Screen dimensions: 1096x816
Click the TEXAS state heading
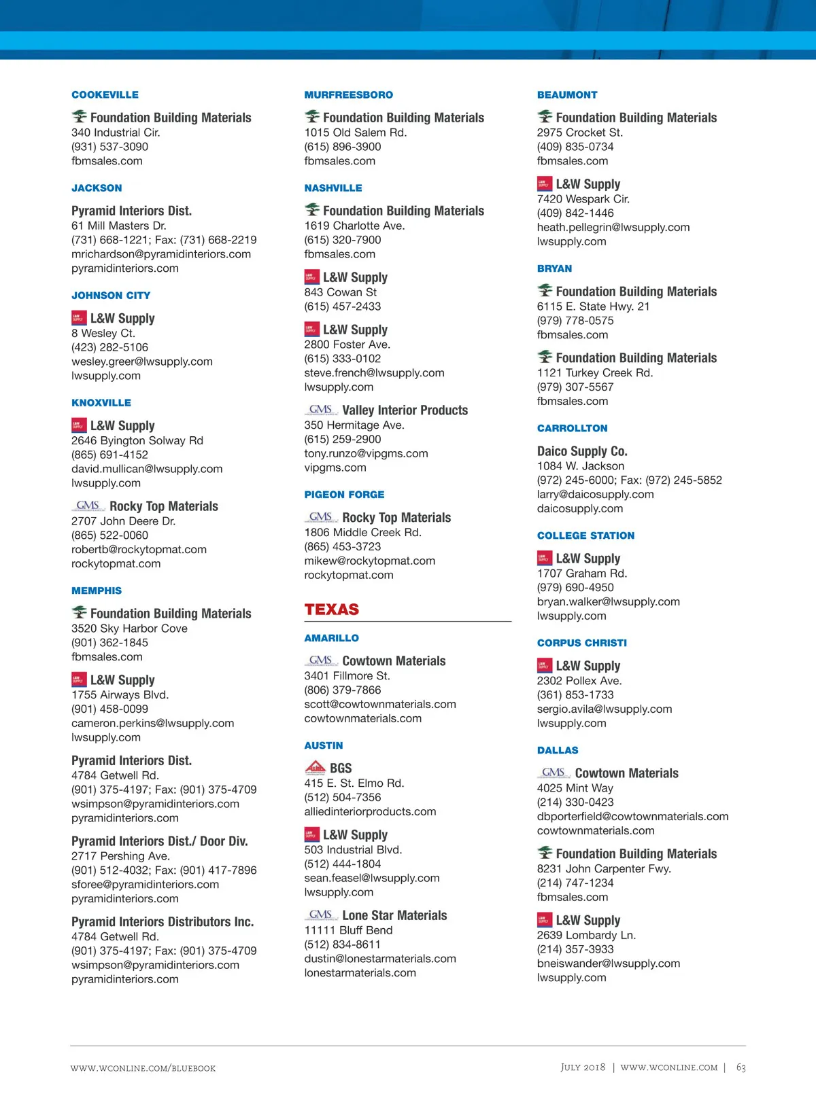332,609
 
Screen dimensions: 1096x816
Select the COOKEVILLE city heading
105,95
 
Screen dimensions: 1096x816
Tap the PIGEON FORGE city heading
344,495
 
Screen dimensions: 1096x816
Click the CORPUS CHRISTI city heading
582,643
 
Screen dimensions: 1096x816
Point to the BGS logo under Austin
315,768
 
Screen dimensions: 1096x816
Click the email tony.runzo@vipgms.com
366,453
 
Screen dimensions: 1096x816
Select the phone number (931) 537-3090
109,147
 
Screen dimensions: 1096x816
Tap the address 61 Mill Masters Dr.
119,226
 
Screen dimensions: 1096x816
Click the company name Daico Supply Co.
582,451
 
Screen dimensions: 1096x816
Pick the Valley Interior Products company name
405,410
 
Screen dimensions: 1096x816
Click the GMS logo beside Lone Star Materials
320,915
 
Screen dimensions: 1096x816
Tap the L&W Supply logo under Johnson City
79,318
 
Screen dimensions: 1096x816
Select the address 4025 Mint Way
575,788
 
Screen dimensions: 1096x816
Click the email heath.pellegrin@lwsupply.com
613,228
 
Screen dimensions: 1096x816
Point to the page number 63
741,1067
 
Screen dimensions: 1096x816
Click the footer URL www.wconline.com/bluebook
143,1068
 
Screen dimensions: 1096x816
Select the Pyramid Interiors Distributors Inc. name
163,922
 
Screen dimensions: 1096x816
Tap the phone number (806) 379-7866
343,690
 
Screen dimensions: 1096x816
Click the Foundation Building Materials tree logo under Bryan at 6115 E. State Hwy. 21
545,291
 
